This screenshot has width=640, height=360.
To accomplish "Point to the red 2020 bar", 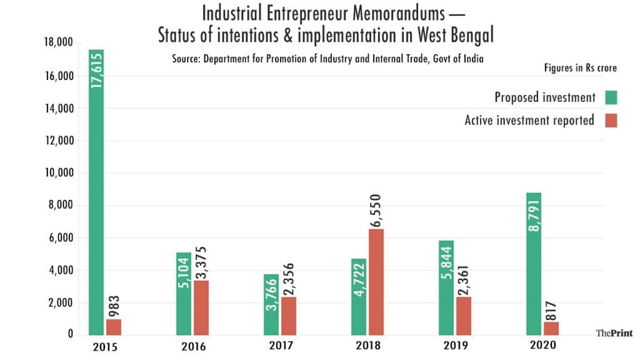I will tap(551, 328).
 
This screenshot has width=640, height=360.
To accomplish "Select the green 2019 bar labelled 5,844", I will tap(446, 287).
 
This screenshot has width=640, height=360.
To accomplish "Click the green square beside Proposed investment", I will tap(611, 97).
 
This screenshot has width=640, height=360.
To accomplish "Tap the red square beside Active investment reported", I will tap(611, 121).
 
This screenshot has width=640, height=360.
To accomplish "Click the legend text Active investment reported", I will tap(529, 121).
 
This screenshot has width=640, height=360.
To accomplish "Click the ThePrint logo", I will tap(614, 333).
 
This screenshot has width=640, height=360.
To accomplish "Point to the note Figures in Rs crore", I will tap(581, 67).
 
